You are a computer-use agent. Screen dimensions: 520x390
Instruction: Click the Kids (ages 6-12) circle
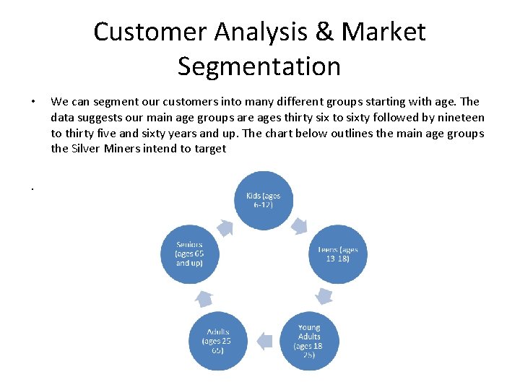[x=263, y=200]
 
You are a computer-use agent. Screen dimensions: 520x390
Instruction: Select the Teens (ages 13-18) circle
[x=338, y=254]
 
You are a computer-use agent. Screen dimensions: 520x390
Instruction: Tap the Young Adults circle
[x=308, y=340]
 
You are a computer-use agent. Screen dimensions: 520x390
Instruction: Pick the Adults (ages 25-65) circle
[x=217, y=340]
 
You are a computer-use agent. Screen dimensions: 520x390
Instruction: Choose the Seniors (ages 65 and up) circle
[x=189, y=253]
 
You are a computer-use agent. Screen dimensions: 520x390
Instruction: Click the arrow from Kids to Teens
[x=300, y=220]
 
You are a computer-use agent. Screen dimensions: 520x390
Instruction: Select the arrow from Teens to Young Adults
[x=324, y=295]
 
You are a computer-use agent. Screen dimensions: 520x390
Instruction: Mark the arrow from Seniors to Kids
[x=225, y=227]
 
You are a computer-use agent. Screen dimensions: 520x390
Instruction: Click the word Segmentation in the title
[x=259, y=66]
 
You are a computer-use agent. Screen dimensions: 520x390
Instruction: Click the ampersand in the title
[x=318, y=32]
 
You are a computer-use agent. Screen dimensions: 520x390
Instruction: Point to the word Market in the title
[x=383, y=32]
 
